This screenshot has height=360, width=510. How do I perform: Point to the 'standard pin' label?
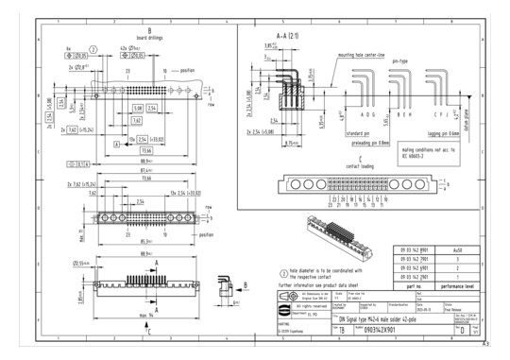(331, 133)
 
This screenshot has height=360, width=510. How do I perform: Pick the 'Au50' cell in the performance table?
(458, 250)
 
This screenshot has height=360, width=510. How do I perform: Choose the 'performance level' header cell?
(458, 284)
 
